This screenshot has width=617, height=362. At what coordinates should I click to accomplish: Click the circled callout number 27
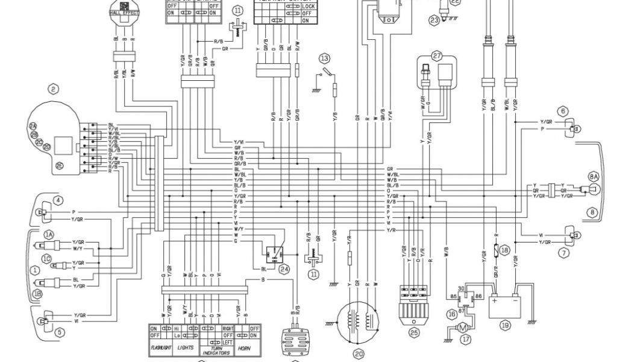tap(437, 55)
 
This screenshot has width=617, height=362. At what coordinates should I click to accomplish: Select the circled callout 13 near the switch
tap(325, 59)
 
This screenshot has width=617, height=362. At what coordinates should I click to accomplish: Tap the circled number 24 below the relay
tap(284, 270)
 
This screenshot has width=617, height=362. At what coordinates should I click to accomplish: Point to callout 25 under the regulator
tap(413, 331)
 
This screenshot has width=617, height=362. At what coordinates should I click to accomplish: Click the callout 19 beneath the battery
tap(505, 324)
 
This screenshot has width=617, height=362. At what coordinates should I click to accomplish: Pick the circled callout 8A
tap(594, 177)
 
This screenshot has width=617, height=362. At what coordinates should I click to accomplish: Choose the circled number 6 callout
tap(563, 111)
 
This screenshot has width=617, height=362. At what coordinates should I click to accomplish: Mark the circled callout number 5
tap(58, 331)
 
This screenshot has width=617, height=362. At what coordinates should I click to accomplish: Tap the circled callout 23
tap(434, 21)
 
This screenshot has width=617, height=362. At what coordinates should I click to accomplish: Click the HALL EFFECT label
tap(123, 12)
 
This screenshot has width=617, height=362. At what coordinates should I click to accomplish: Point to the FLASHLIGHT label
tap(162, 349)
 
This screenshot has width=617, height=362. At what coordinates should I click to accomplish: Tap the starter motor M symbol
tap(461, 328)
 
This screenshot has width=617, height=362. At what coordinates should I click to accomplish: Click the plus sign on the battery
tap(495, 300)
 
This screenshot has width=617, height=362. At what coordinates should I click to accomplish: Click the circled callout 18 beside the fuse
tap(505, 249)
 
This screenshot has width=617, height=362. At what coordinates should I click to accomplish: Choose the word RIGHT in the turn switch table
tap(228, 328)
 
